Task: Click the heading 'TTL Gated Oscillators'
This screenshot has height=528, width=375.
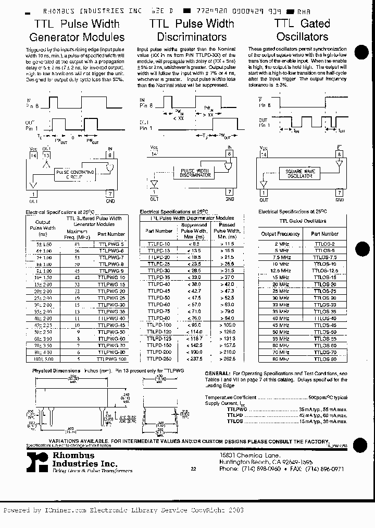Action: pyautogui.click(x=302, y=30)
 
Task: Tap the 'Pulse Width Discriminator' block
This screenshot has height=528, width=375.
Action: pyautogui.click(x=195, y=173)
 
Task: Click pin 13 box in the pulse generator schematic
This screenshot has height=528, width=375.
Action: pyautogui.click(x=47, y=155)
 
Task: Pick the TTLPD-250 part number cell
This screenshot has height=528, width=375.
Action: pyautogui.click(x=159, y=358)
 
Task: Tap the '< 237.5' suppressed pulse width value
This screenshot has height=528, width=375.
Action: pyautogui.click(x=194, y=358)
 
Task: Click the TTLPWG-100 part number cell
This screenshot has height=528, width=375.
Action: pyautogui.click(x=111, y=359)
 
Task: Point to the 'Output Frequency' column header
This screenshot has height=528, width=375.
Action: pyautogui.click(x=280, y=234)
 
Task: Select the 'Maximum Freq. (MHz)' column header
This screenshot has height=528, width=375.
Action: pyautogui.click(x=77, y=234)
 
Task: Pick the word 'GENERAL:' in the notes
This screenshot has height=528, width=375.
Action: pyautogui.click(x=217, y=374)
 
